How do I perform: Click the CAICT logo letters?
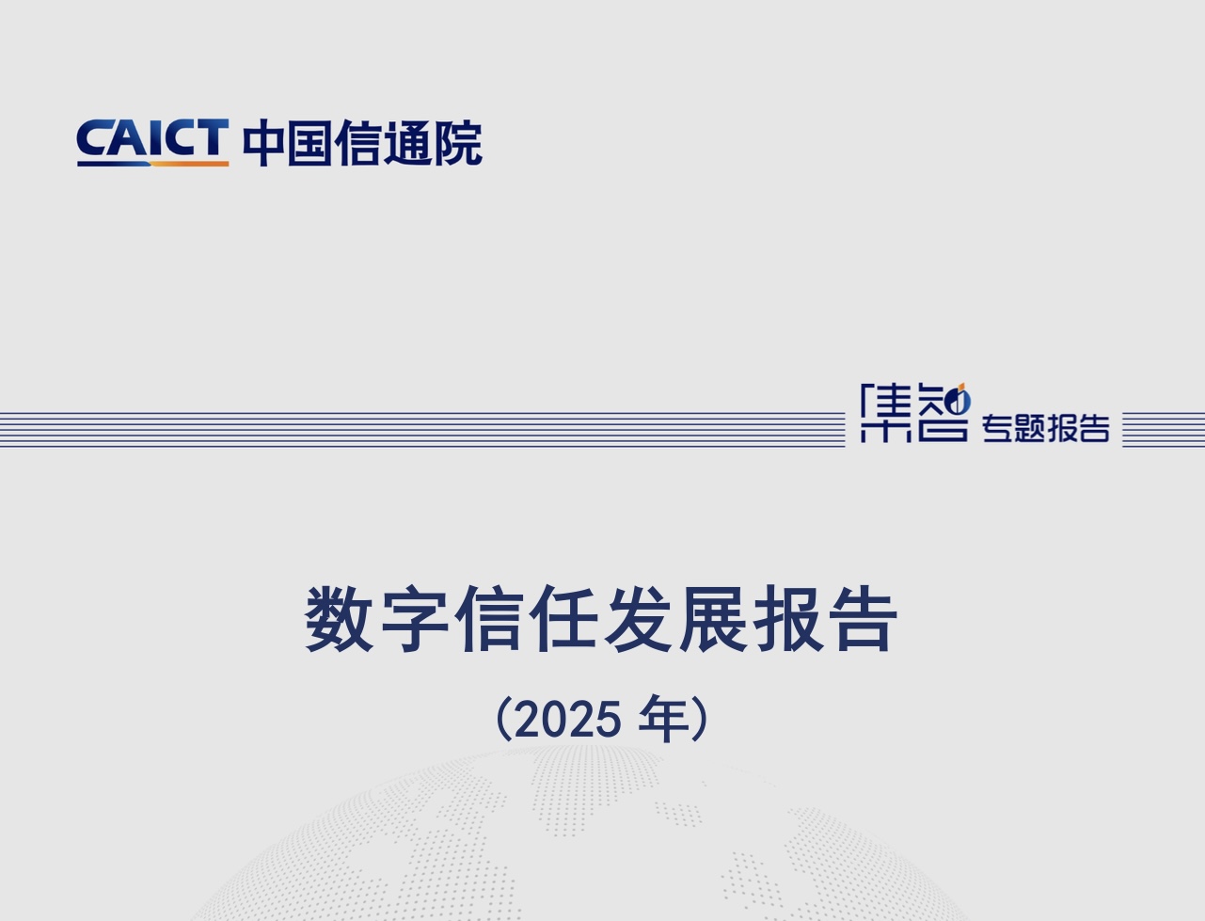152,137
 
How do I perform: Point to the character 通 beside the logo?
406,143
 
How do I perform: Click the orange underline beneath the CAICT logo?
189,164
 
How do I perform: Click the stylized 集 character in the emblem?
886,413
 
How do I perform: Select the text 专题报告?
1046,429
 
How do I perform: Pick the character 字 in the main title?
415,619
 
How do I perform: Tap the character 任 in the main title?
563,619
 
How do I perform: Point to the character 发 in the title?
639,619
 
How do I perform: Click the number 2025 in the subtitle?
569,720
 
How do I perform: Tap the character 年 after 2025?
664,719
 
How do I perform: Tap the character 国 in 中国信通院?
309,143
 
